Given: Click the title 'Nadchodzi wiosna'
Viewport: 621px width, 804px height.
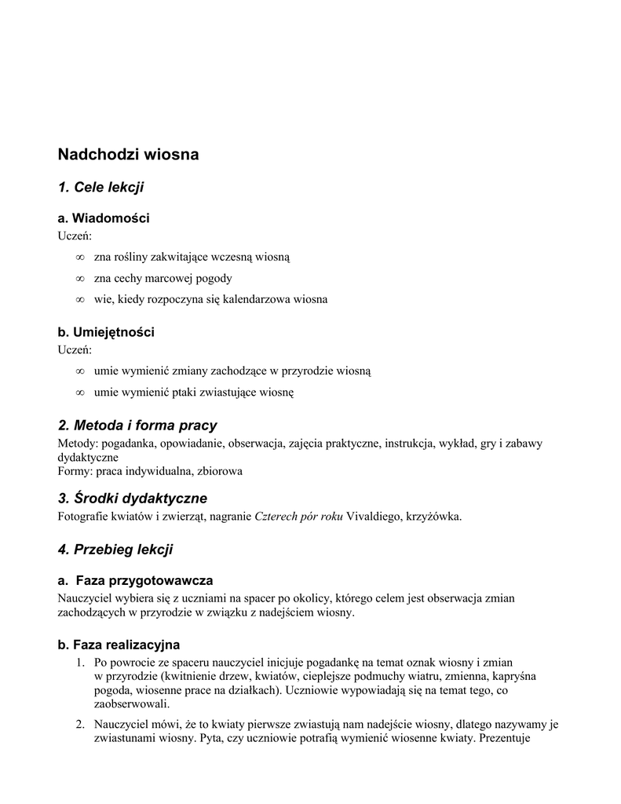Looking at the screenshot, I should pyautogui.click(x=128, y=155).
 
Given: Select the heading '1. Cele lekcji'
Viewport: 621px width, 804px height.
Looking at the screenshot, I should pyautogui.click(x=100, y=187).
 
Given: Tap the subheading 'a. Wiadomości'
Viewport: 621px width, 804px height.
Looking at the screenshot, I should pyautogui.click(x=104, y=218).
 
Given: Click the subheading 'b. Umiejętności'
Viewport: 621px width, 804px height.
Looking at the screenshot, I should pyautogui.click(x=106, y=332).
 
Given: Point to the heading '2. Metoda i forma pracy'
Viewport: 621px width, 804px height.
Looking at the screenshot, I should pyautogui.click(x=137, y=426).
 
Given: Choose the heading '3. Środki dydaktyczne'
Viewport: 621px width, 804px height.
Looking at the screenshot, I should pyautogui.click(x=133, y=499).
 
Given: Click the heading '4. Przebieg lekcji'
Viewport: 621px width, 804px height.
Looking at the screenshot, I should pyautogui.click(x=115, y=550).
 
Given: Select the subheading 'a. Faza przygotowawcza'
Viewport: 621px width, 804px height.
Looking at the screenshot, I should pyautogui.click(x=136, y=581).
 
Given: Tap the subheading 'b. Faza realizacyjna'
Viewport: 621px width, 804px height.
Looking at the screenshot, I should pyautogui.click(x=119, y=645).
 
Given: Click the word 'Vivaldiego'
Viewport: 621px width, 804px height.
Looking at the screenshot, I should pyautogui.click(x=374, y=516).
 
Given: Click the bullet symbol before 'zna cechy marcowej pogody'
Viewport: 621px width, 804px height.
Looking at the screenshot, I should pyautogui.click(x=79, y=278).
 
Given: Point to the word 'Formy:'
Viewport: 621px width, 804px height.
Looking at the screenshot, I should pyautogui.click(x=75, y=471).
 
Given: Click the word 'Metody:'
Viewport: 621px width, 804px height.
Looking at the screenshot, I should pyautogui.click(x=78, y=444).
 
